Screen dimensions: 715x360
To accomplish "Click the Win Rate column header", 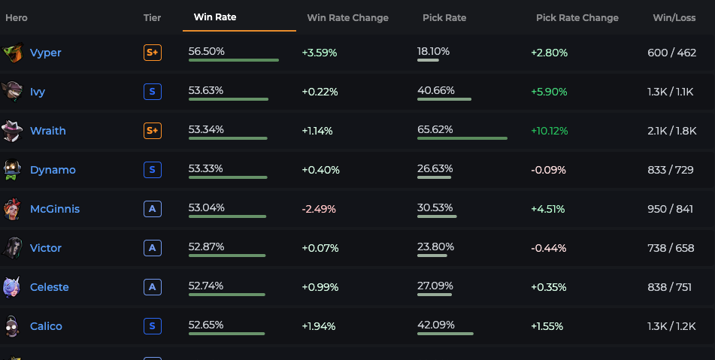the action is (x=215, y=17).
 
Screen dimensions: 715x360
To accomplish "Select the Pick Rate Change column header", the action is (x=577, y=18).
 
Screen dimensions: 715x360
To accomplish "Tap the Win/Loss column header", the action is (x=674, y=18).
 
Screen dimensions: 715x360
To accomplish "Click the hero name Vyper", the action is (x=46, y=53).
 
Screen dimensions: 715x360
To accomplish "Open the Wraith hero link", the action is (x=48, y=131).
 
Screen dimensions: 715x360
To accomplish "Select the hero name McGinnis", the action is (x=55, y=209).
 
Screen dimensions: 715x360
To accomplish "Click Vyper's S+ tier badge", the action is (x=153, y=53).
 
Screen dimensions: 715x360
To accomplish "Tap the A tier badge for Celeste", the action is (x=153, y=287).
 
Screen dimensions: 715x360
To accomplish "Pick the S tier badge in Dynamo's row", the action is (x=153, y=170).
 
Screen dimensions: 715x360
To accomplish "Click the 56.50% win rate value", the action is (x=207, y=52).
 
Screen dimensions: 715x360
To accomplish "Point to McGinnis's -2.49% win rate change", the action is (x=319, y=209).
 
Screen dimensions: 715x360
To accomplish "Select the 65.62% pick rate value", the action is (x=435, y=129).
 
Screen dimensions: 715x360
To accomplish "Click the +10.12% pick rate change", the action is (x=550, y=132).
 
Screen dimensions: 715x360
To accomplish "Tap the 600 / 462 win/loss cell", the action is (x=671, y=53).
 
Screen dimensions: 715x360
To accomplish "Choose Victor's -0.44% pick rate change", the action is (x=549, y=248).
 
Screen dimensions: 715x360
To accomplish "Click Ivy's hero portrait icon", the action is (x=12, y=92).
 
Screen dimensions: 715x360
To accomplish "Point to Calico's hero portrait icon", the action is (x=12, y=326).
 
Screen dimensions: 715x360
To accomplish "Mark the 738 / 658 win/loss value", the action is (x=671, y=248).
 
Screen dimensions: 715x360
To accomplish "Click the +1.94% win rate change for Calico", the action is (x=319, y=326).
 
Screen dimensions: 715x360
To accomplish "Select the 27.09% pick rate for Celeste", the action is (x=435, y=286).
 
